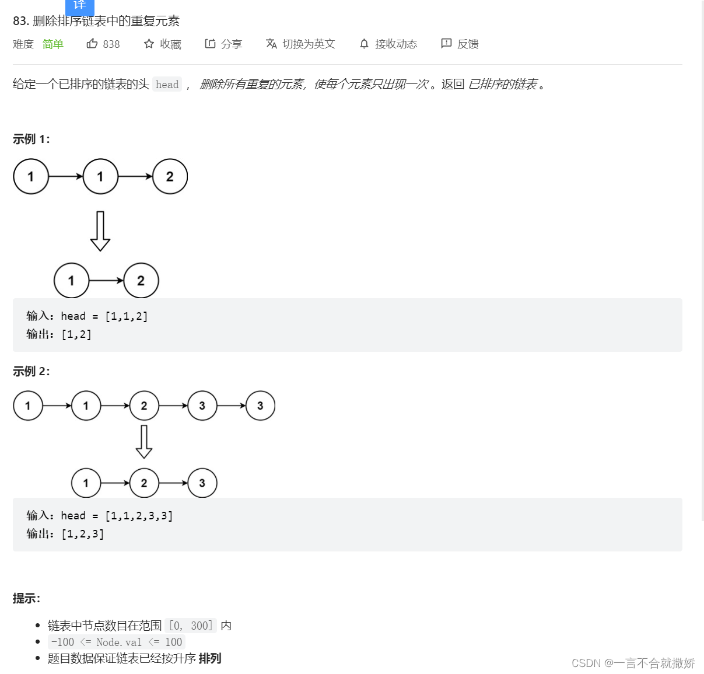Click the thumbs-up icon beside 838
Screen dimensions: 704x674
click(92, 44)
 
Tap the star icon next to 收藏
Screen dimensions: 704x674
click(149, 44)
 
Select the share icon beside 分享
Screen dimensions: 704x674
click(210, 44)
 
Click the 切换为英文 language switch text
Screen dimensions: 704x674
click(309, 44)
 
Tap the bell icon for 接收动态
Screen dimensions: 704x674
click(364, 44)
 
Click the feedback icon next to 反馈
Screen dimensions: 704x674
click(446, 44)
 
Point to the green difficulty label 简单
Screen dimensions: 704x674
click(52, 44)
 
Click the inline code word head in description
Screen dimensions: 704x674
click(167, 85)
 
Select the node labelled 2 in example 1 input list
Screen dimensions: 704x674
click(170, 176)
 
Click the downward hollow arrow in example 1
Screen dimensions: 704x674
click(100, 231)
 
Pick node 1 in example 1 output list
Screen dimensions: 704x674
click(71, 281)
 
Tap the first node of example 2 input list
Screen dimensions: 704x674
click(28, 406)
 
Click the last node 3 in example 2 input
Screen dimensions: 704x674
click(260, 406)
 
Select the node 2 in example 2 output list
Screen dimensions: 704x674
click(144, 483)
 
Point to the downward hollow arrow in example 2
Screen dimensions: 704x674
click(144, 442)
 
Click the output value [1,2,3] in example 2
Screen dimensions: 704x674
click(82, 534)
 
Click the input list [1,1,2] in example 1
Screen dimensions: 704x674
click(126, 316)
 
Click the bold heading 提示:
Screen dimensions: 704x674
click(26, 598)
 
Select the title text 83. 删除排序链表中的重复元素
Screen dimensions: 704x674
click(96, 21)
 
